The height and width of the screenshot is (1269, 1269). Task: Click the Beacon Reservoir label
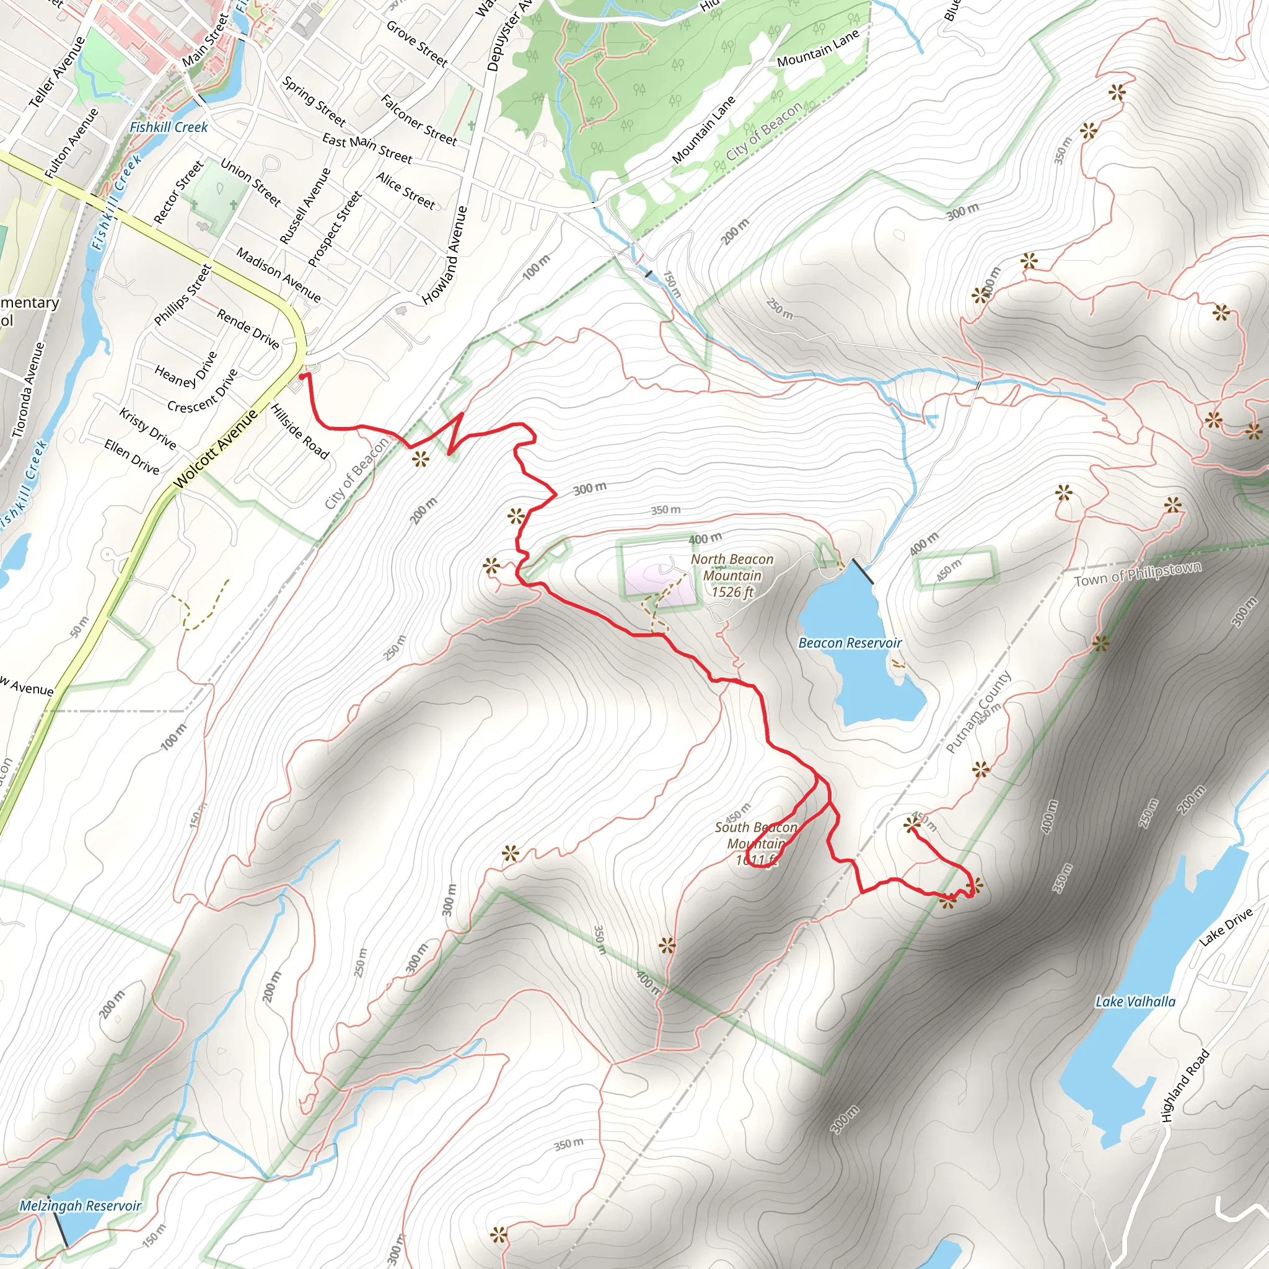850,643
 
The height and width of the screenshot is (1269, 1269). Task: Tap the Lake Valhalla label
1135,1002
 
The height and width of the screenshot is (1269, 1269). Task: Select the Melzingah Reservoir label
80,1205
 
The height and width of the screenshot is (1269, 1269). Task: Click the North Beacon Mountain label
732,576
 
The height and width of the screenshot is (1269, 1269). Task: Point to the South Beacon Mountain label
756,843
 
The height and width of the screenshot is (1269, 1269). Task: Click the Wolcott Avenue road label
216,449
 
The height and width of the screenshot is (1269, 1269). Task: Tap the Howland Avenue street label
445,255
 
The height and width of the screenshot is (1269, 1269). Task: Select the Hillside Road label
299,431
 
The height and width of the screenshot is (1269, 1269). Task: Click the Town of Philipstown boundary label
1138,574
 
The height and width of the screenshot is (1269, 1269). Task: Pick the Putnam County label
978,712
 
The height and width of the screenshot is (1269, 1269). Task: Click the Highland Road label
1185,1085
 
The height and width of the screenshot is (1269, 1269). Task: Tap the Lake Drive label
1226,927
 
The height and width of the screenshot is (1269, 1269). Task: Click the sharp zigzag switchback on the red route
456,434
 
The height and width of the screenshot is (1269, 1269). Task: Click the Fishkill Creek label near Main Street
168,128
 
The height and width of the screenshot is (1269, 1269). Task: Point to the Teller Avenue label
57,72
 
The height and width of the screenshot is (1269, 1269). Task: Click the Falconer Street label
418,120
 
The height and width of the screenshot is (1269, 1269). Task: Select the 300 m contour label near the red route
589,489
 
